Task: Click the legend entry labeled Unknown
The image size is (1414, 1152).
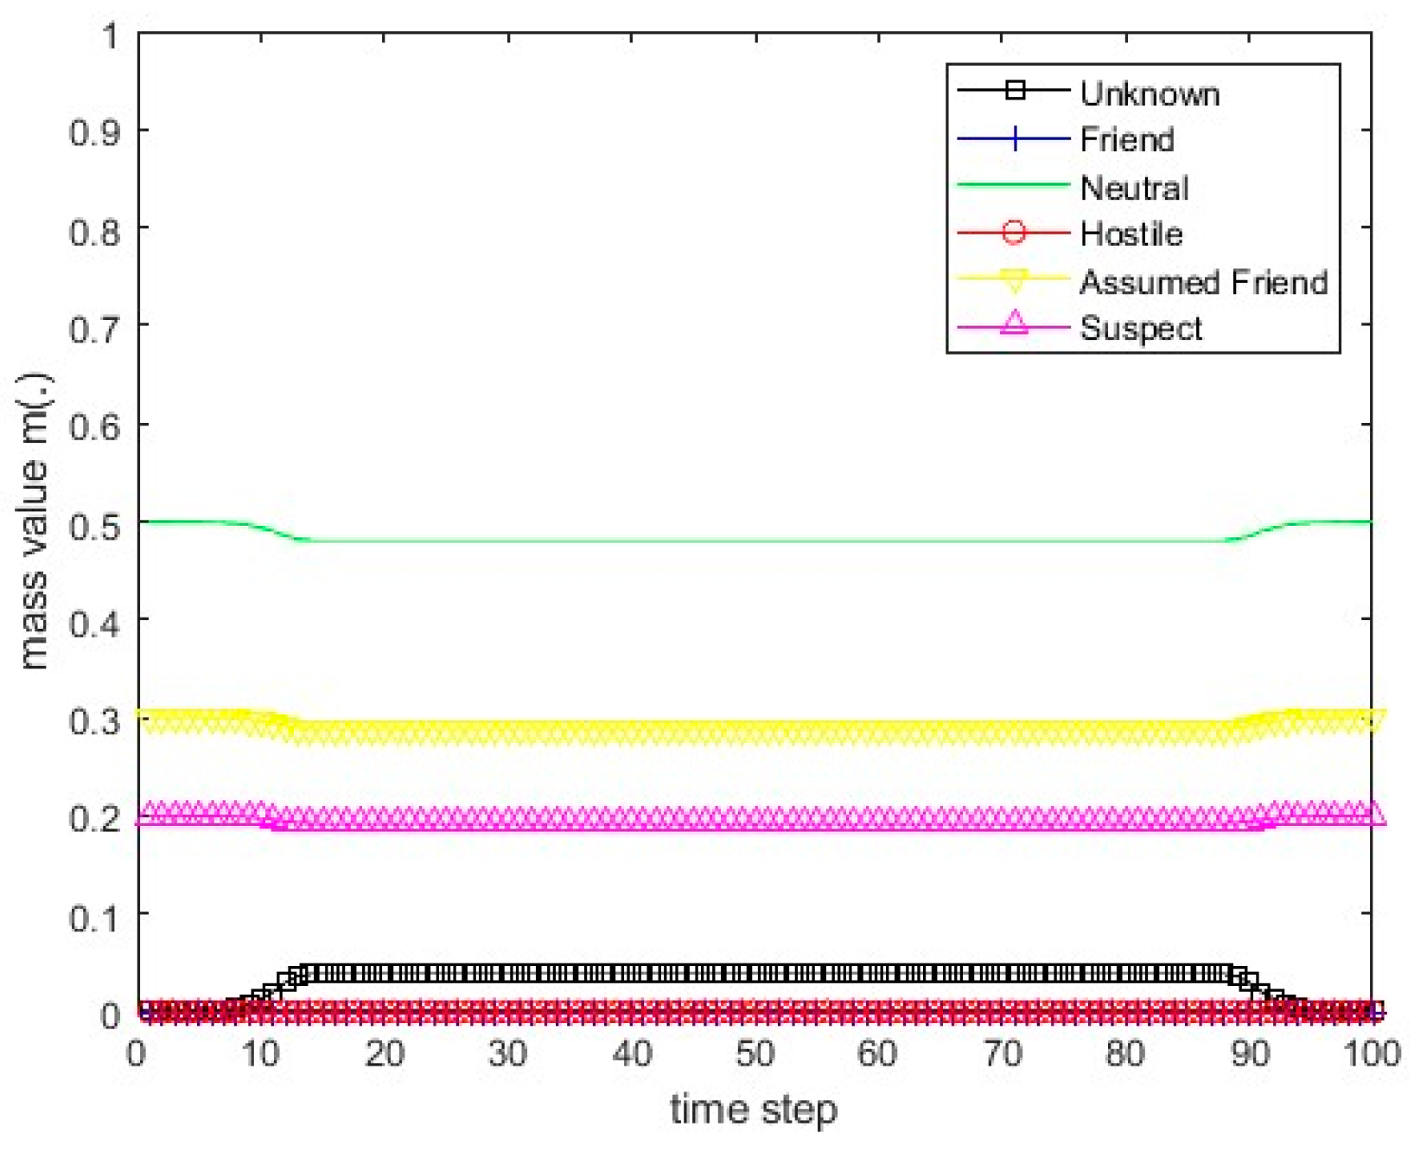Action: click(x=1150, y=93)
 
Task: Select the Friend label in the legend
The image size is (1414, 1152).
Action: click(x=1127, y=139)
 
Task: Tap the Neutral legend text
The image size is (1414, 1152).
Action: click(x=1134, y=188)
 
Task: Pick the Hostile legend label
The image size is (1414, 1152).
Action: click(x=1131, y=234)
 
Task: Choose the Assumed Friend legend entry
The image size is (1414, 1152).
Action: click(x=1203, y=282)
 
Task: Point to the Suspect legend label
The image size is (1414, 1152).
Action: click(x=1141, y=329)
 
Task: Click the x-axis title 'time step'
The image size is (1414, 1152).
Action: click(x=754, y=1110)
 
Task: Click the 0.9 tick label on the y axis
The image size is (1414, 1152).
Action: click(x=95, y=131)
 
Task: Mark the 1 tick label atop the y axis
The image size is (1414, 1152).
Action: click(x=110, y=36)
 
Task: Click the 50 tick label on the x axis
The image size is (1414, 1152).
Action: click(x=755, y=1054)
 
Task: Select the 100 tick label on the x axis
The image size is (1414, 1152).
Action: click(x=1372, y=1054)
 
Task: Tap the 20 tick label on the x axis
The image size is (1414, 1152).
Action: click(x=385, y=1054)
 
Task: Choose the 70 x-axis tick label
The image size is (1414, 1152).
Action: click(x=1002, y=1054)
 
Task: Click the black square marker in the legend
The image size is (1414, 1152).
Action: click(x=1015, y=90)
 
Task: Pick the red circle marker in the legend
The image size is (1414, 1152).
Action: click(x=1015, y=232)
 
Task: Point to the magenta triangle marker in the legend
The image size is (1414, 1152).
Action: click(x=1015, y=323)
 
